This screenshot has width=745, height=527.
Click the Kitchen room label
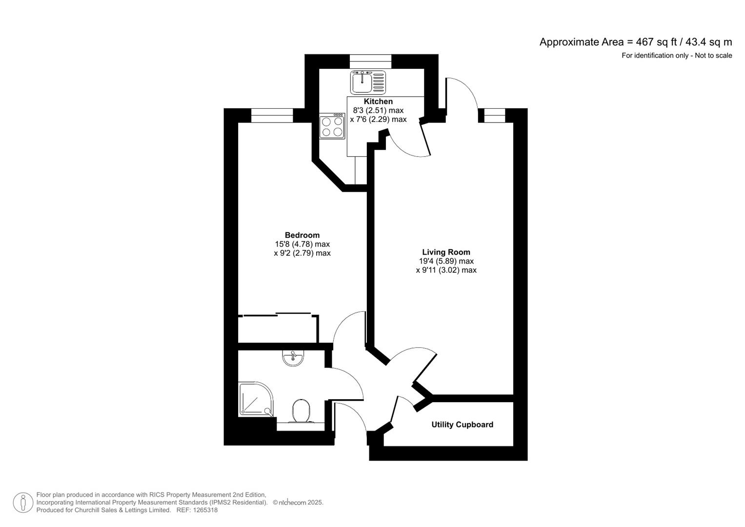click(x=378, y=101)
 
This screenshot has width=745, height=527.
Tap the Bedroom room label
click(x=302, y=235)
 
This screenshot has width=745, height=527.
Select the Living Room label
click(x=446, y=252)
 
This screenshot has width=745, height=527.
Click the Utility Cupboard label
click(x=462, y=425)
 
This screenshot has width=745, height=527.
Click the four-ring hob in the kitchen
click(x=332, y=126)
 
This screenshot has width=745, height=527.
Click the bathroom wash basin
click(x=293, y=358)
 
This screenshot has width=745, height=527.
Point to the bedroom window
click(x=272, y=116)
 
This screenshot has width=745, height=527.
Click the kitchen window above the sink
click(x=370, y=61)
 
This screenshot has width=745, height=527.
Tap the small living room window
click(x=494, y=116)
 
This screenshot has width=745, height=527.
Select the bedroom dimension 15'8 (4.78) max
click(x=302, y=244)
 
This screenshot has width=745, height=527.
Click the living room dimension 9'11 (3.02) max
click(x=446, y=270)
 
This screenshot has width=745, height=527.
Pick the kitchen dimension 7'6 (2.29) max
click(x=378, y=119)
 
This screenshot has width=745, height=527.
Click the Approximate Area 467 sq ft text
click(x=635, y=42)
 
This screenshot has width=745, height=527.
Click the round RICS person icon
click(x=23, y=503)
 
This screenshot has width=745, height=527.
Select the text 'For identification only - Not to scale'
click(x=676, y=56)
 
